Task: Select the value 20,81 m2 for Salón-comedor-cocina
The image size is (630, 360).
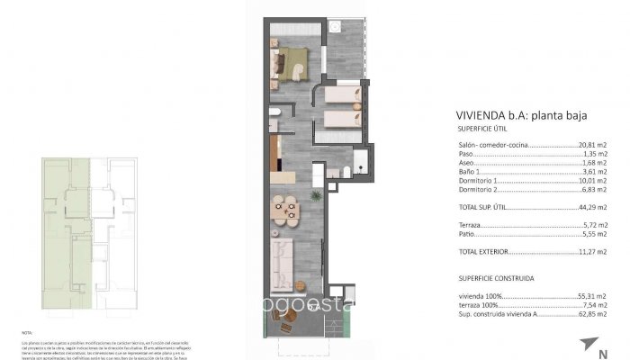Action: click(590, 145)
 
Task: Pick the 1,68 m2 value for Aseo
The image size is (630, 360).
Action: click(592, 163)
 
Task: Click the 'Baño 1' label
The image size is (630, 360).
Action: click(469, 171)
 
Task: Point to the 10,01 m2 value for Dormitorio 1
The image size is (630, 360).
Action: click(590, 180)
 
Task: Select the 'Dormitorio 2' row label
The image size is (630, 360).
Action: click(477, 189)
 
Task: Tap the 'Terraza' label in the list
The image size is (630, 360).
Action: click(469, 224)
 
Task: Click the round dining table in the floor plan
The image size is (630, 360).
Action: click(288, 210)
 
